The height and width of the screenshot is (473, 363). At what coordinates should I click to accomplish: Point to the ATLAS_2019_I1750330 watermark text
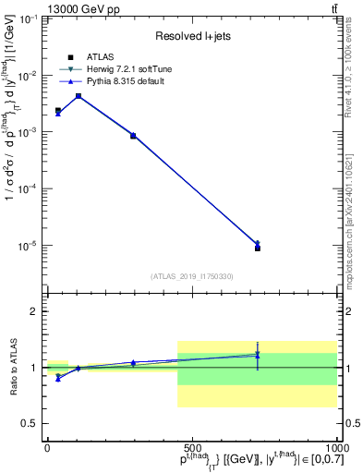tap(191, 275)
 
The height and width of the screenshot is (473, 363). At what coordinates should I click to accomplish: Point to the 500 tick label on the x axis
tap(192, 445)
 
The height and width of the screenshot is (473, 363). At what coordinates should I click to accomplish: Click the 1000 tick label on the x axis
tap(336, 445)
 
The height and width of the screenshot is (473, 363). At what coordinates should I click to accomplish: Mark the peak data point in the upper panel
tap(79, 96)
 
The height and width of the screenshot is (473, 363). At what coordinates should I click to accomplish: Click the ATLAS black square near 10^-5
tap(258, 249)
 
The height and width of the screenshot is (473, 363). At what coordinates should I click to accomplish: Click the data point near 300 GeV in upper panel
tap(133, 136)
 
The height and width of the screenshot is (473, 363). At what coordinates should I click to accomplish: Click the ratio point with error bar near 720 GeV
tap(258, 354)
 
